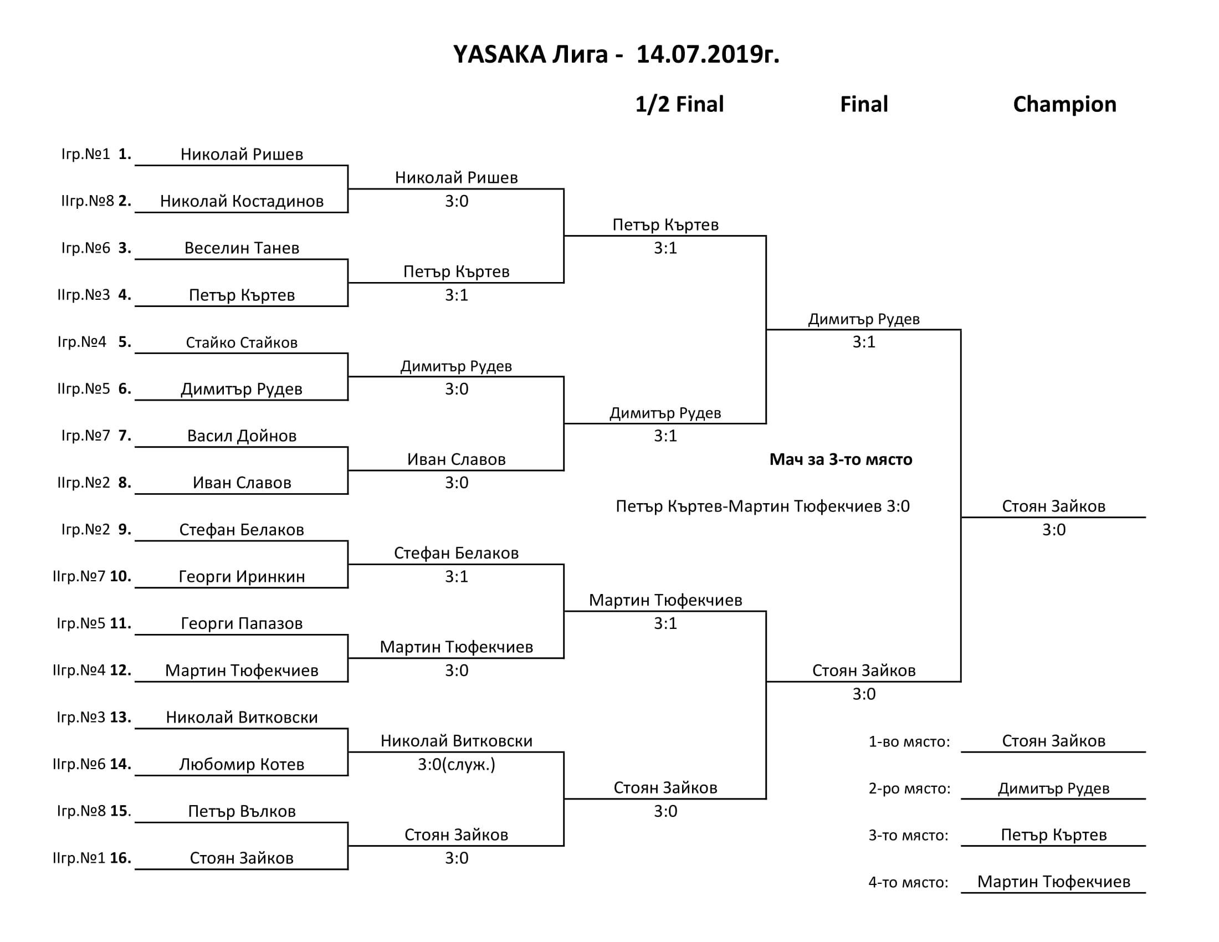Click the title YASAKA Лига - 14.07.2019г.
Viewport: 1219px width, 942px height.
(x=616, y=55)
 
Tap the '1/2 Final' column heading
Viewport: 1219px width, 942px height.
(x=679, y=104)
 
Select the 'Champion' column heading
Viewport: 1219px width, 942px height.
(x=1064, y=104)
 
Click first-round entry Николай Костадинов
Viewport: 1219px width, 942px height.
(x=242, y=201)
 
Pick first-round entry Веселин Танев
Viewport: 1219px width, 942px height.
(x=242, y=248)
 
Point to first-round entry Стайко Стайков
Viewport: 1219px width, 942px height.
(x=242, y=342)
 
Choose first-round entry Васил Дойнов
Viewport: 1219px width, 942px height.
(x=242, y=436)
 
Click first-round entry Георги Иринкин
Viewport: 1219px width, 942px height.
(x=242, y=576)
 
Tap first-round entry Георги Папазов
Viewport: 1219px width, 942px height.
(x=242, y=623)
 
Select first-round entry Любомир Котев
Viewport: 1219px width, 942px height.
(x=242, y=764)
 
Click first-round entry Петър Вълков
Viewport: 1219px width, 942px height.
(x=242, y=811)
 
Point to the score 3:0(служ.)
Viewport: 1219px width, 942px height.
(x=457, y=764)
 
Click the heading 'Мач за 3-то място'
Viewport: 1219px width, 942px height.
(x=841, y=459)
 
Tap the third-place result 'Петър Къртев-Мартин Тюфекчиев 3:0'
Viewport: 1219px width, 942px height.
(x=762, y=506)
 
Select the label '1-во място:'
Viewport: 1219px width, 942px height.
(x=909, y=741)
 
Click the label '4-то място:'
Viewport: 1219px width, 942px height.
(x=908, y=882)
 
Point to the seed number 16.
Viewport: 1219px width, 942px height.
(x=120, y=858)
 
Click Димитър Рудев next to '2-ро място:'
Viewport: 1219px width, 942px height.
(x=1053, y=789)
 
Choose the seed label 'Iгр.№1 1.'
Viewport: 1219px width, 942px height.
(x=96, y=154)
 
